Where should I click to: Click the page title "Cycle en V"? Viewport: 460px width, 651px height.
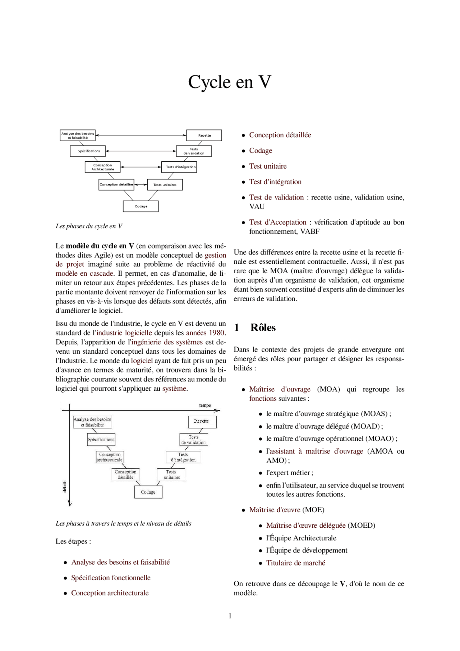tap(230, 82)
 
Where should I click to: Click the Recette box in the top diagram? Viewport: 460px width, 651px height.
tap(204, 135)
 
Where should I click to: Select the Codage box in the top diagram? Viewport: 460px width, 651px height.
tap(141, 206)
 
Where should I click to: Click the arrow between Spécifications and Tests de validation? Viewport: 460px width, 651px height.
tap(141, 151)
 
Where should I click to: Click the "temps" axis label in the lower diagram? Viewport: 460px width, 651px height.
tap(205, 405)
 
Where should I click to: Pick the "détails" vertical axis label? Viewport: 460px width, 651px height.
tap(65, 486)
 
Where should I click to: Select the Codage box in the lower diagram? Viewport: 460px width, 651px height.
tap(148, 492)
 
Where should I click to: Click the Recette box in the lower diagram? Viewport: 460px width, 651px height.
tap(202, 421)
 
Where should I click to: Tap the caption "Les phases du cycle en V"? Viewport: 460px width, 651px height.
tap(89, 226)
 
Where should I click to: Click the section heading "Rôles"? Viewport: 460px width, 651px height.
tap(263, 327)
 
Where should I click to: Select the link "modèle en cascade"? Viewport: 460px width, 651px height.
tap(84, 274)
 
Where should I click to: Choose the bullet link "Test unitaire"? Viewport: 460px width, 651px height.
tap(268, 166)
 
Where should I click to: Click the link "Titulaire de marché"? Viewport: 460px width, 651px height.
tap(295, 563)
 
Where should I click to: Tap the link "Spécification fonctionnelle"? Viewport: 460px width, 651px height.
tap(111, 578)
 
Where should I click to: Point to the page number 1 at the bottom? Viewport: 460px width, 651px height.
tap(230, 616)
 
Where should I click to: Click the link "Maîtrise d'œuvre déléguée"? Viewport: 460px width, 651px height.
tap(305, 526)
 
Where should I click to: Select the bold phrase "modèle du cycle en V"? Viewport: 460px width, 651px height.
tap(100, 246)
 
